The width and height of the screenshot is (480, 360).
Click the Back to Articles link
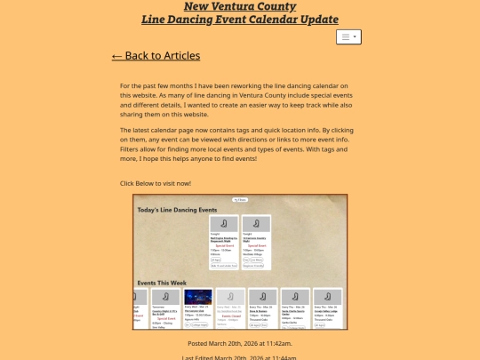tap(156, 56)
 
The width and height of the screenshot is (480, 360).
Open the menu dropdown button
tap(348, 37)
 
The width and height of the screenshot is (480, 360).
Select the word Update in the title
tap(315, 20)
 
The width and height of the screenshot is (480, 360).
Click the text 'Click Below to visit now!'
tap(156, 183)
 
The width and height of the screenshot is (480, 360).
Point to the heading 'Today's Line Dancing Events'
tap(176, 210)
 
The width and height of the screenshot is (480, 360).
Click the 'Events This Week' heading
tap(167, 284)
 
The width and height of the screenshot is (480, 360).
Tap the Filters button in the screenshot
tap(240, 200)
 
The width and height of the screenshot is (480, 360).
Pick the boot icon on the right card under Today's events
tap(255, 224)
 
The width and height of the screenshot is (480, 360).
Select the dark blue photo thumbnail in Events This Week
tap(198, 297)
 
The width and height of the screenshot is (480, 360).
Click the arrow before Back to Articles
tap(117, 56)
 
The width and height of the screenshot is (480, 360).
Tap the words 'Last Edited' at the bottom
tap(202, 357)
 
